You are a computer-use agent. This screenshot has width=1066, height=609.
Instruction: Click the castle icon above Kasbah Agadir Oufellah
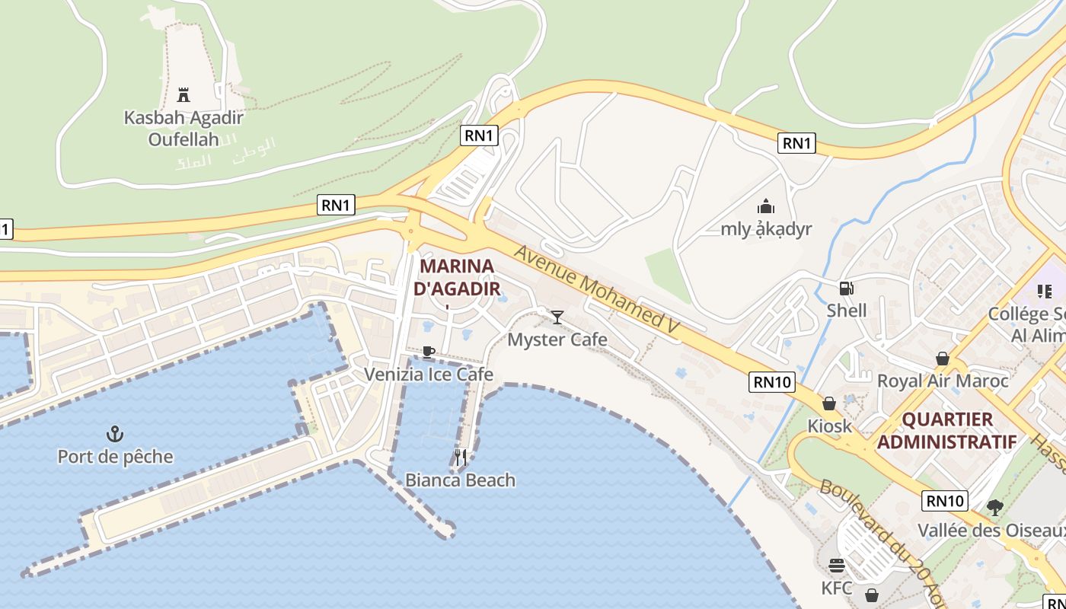coord(183,95)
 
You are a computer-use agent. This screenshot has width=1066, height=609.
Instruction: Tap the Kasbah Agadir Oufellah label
coord(184,129)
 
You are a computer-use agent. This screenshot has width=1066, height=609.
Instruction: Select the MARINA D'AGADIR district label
coord(457,277)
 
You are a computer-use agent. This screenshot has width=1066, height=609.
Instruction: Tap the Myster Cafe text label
coord(557,340)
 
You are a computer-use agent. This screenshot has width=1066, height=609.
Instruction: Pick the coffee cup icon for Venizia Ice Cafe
coord(429,352)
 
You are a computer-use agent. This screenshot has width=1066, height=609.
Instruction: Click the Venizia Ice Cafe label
coord(429,375)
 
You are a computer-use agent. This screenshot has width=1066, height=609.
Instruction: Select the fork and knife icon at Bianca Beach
coord(460,457)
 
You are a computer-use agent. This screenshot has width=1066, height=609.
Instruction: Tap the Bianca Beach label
coord(460,480)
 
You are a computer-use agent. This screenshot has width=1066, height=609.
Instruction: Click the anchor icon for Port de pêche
coord(115,435)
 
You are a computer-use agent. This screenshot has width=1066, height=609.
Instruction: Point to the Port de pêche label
coord(116,457)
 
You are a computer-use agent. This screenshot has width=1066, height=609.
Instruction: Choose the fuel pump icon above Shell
coord(846,289)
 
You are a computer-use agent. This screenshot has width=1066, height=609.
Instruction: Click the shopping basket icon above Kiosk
coord(829,403)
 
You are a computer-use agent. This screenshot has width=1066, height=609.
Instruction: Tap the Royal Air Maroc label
coord(943,381)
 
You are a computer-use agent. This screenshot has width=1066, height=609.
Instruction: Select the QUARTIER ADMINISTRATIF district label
coord(946,430)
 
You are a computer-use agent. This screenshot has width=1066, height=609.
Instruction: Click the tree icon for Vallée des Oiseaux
coord(994,507)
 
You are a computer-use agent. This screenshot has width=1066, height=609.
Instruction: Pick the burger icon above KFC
coord(837,566)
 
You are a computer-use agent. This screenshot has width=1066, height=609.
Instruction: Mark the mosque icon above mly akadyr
coord(766,206)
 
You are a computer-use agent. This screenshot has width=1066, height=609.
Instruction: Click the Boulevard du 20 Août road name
coord(883,540)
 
